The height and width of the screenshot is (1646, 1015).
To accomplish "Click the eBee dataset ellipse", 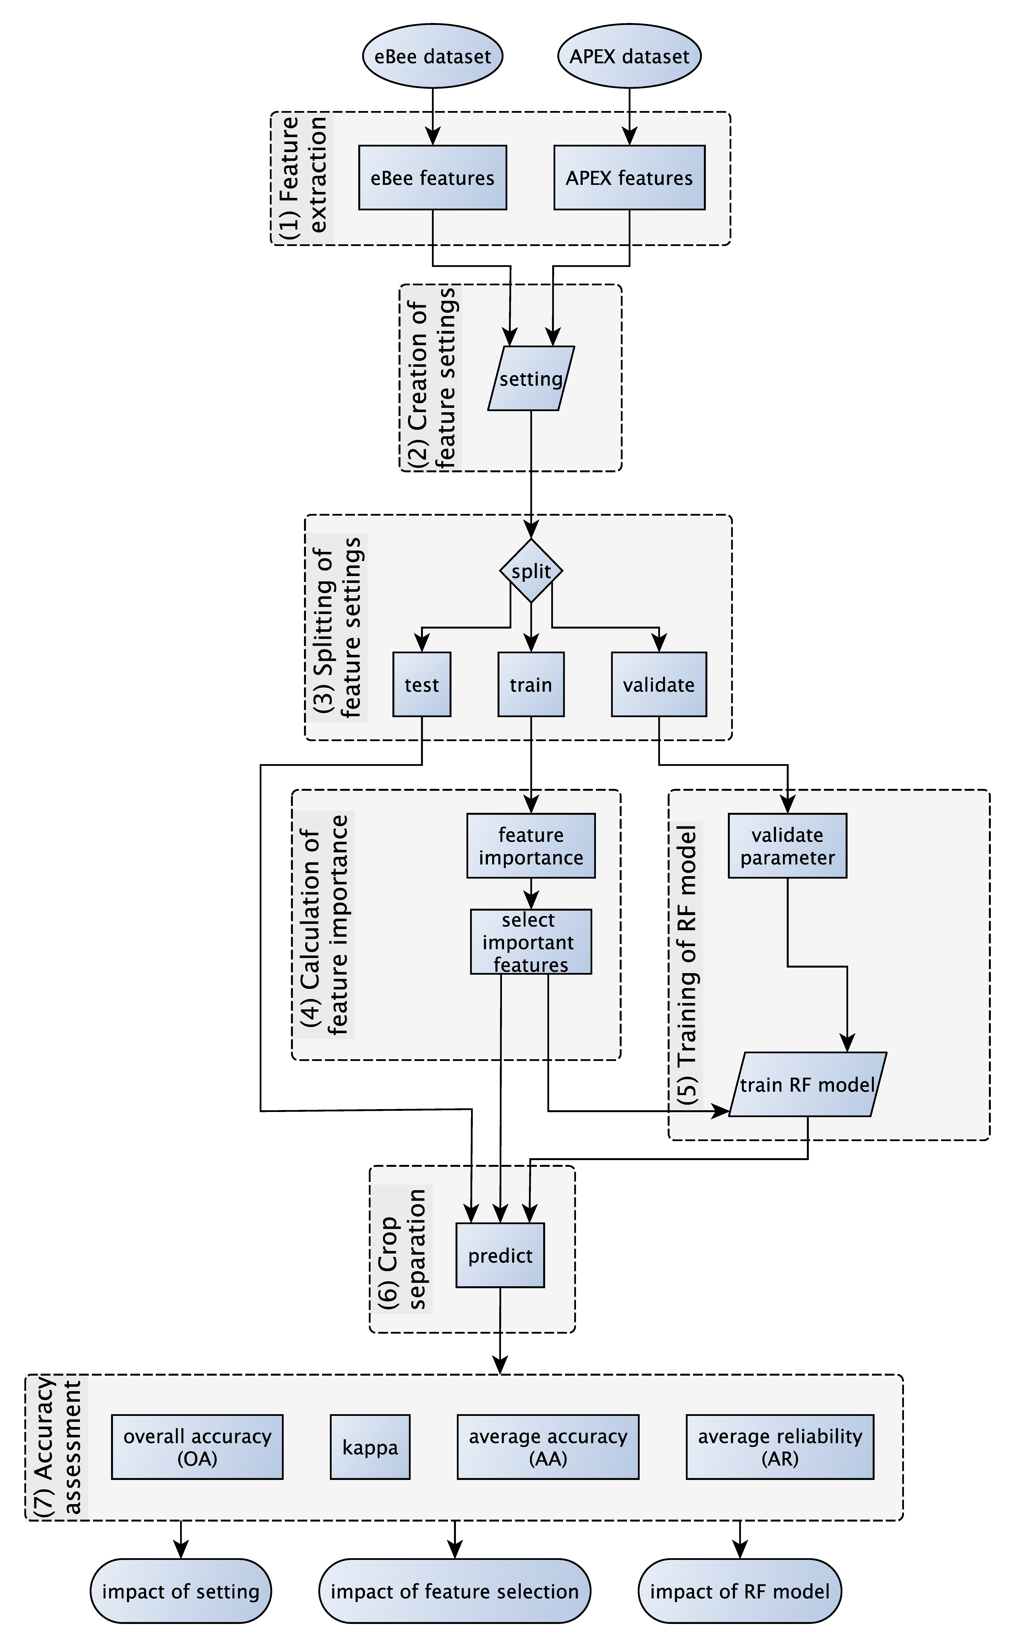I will point(432,56).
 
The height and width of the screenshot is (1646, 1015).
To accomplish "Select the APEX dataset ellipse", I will point(629,56).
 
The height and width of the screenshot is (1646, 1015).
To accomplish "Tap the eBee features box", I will point(432,178).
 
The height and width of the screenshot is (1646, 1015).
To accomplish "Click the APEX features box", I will point(629,178).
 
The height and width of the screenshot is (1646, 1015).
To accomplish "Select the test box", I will point(422,684).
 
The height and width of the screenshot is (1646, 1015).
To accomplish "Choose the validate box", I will point(659,684).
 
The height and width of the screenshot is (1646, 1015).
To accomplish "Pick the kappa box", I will point(370,1447).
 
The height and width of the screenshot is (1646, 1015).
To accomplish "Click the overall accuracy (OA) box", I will point(197,1447).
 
